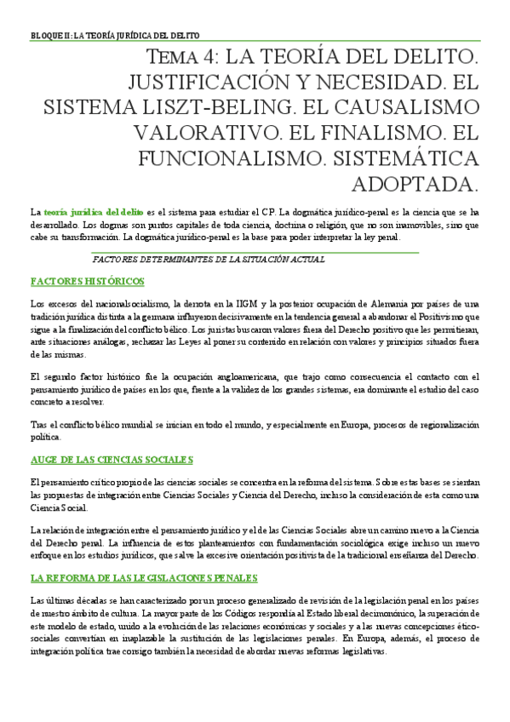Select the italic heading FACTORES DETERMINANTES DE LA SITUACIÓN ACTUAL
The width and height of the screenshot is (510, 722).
[208, 259]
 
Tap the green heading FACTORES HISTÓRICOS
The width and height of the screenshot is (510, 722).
[87, 281]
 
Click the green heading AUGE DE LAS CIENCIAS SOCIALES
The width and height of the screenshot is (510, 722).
[112, 460]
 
